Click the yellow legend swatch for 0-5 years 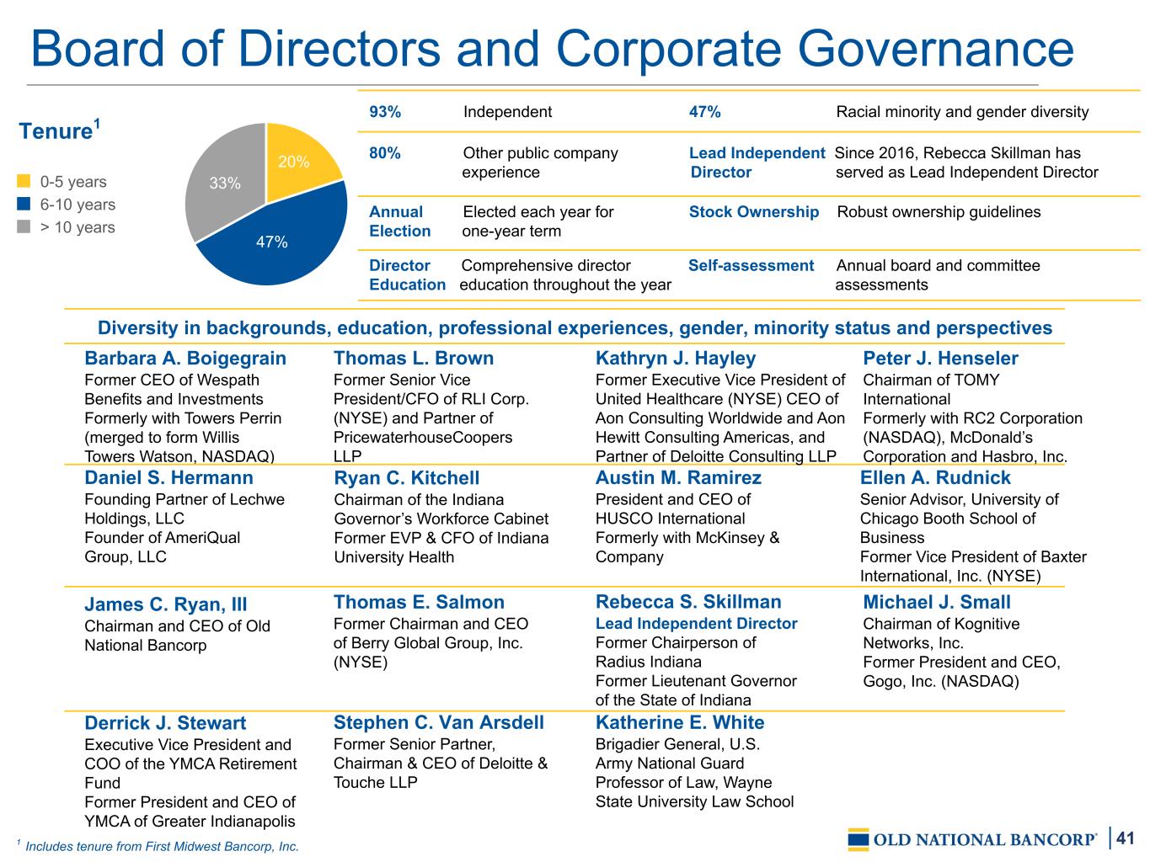[24, 181]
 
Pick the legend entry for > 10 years [67, 227]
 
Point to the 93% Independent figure [385, 111]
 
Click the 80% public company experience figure [385, 153]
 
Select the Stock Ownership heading [753, 211]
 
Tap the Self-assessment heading [751, 265]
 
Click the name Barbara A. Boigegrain [185, 358]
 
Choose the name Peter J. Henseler [940, 358]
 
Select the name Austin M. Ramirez [678, 477]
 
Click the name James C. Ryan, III [166, 604]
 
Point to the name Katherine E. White [680, 722]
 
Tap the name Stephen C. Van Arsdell [439, 722]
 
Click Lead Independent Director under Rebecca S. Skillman [696, 623]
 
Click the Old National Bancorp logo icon [858, 839]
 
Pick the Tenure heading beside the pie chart [59, 130]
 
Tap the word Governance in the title [935, 49]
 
